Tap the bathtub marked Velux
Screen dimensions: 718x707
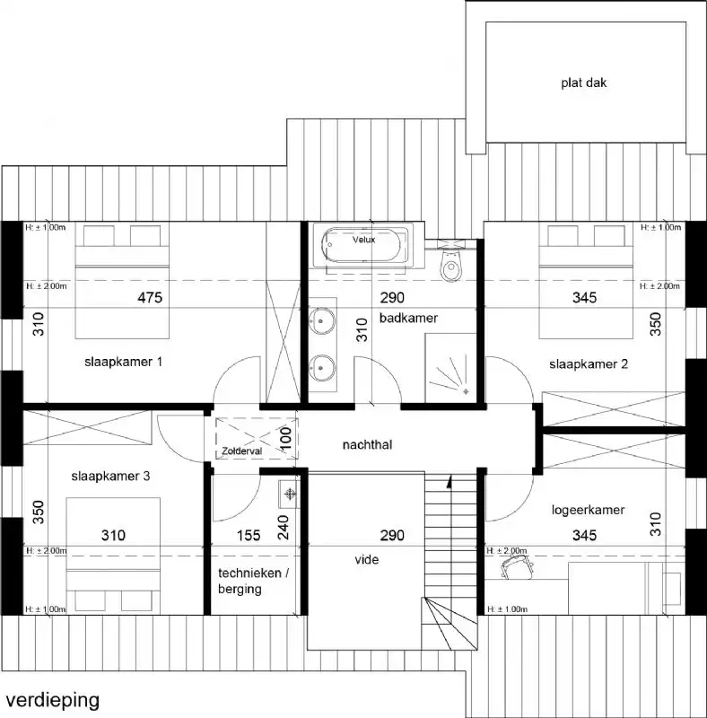coord(364,246)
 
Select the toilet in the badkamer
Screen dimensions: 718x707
coord(450,265)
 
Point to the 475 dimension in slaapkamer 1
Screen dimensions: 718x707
coord(150,299)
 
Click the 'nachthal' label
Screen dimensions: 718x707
coord(369,444)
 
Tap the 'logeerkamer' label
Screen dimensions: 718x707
coord(588,510)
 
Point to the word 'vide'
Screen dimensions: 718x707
coord(366,559)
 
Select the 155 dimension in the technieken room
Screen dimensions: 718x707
coord(249,537)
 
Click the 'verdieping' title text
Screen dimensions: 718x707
coord(52,698)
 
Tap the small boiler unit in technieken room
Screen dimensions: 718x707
coord(288,494)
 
